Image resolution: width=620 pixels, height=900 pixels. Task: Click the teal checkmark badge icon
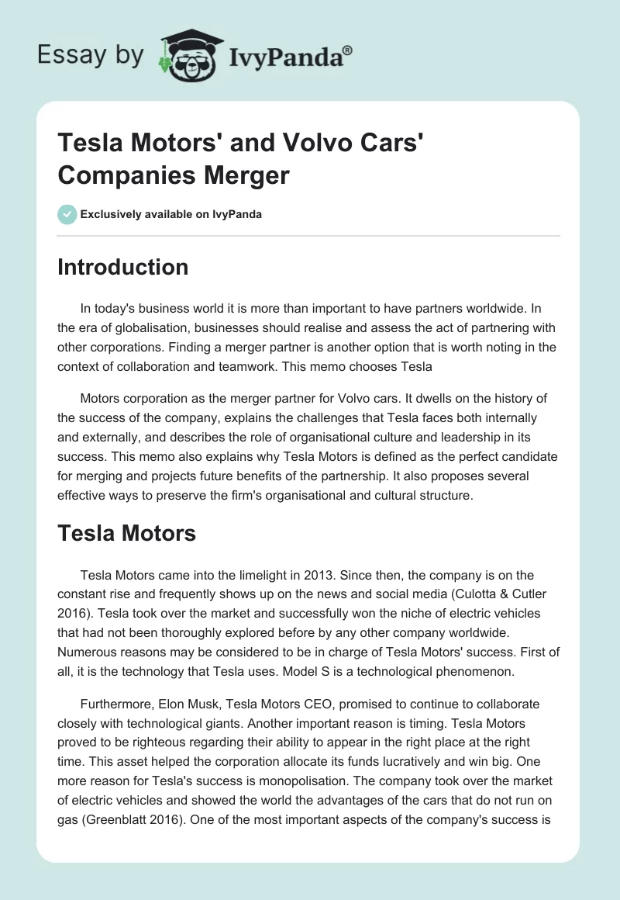tap(67, 213)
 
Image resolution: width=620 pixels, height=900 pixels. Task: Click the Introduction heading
tap(123, 267)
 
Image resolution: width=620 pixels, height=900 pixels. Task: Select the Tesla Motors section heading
tap(126, 533)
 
